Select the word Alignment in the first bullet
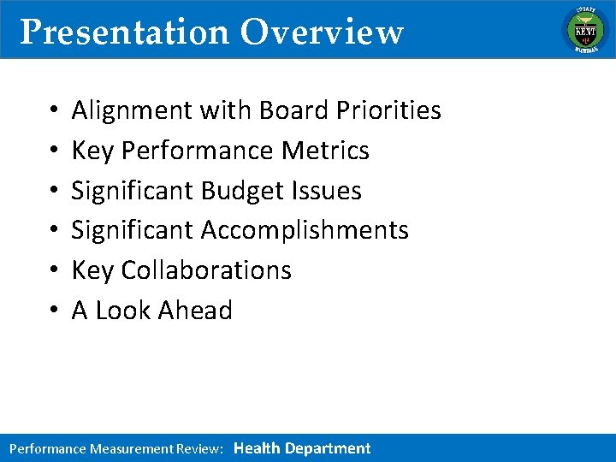(x=132, y=110)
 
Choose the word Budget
(x=246, y=190)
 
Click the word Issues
(x=330, y=190)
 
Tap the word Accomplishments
(x=305, y=230)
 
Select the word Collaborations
(x=206, y=270)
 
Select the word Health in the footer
(x=257, y=448)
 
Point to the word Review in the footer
(x=199, y=448)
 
